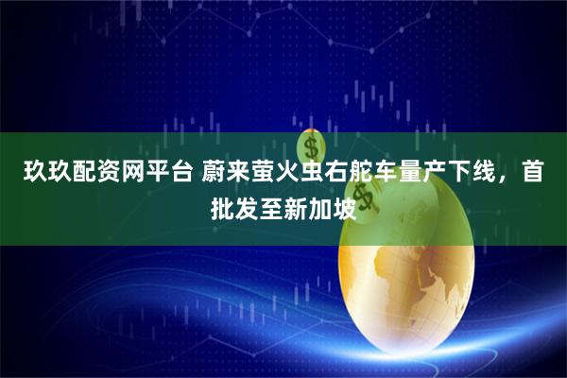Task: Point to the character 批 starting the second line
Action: click(x=222, y=205)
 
